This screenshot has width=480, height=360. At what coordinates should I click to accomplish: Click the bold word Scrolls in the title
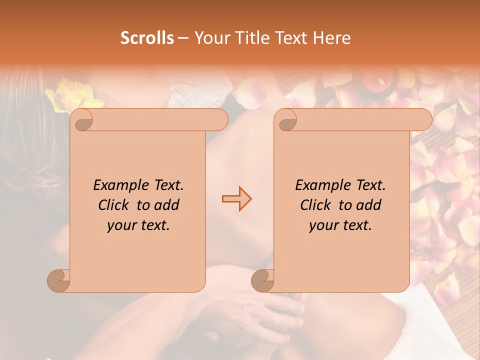147,37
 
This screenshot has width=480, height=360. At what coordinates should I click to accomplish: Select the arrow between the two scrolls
237,199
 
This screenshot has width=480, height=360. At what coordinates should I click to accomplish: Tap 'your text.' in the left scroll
138,225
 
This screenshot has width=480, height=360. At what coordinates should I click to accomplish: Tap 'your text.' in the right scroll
340,225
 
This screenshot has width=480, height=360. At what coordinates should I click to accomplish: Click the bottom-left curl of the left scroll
59,280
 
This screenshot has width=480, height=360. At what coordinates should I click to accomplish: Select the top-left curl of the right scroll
286,120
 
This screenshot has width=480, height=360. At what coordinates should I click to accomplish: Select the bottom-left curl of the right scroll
263,280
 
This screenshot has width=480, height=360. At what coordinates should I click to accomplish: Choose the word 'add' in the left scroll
167,205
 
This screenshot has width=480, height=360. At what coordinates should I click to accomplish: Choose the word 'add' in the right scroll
369,205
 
